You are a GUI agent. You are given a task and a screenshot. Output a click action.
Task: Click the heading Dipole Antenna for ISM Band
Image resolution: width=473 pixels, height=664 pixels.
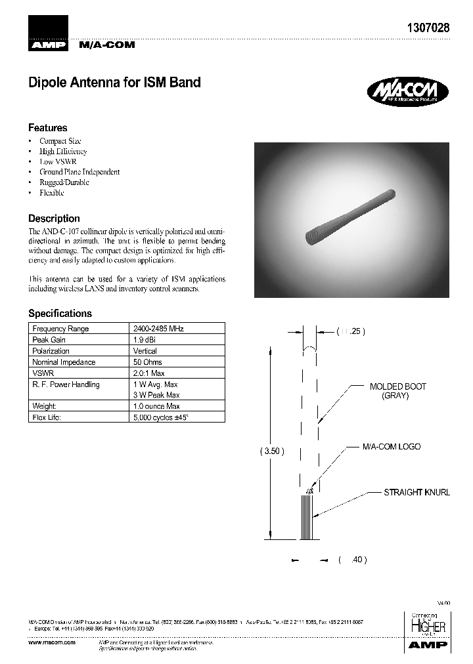(114, 83)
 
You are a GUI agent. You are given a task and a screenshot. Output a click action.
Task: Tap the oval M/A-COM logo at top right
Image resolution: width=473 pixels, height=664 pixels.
(407, 92)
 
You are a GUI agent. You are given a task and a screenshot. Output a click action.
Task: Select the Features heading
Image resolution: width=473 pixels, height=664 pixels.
(47, 128)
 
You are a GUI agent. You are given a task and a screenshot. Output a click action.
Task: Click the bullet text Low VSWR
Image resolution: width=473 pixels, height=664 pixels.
(56, 161)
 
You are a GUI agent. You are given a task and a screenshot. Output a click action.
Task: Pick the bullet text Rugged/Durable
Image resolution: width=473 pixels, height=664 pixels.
(64, 182)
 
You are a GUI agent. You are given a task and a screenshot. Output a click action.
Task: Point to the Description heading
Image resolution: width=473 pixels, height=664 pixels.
(54, 218)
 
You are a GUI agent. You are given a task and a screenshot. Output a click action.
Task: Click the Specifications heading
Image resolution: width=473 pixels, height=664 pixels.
(60, 314)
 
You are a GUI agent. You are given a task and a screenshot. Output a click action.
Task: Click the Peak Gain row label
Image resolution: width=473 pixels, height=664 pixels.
(49, 340)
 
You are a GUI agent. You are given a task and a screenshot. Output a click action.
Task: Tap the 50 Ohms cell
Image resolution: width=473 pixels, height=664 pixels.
(148, 362)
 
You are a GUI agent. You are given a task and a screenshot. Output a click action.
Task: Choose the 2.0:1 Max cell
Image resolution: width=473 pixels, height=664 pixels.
(148, 373)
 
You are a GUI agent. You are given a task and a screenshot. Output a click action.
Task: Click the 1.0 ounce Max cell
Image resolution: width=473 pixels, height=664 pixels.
(156, 407)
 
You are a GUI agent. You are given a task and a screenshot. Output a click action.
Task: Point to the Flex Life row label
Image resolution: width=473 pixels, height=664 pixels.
(47, 418)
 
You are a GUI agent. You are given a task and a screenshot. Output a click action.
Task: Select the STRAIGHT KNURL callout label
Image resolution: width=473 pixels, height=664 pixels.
(417, 492)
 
